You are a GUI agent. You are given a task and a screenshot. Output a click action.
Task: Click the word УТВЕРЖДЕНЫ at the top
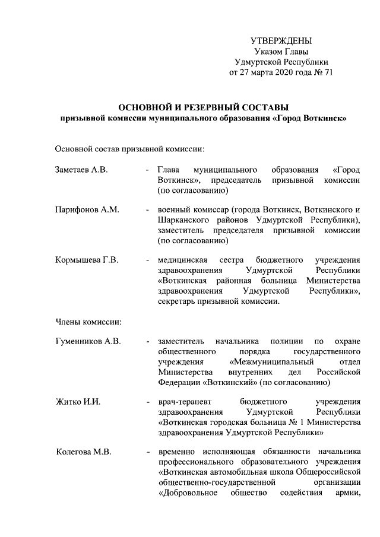pyautogui.click(x=281, y=41)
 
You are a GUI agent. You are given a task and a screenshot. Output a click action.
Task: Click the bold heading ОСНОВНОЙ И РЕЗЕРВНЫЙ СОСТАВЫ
pyautogui.click(x=204, y=107)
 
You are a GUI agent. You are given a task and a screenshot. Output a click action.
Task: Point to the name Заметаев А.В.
pyautogui.click(x=81, y=170)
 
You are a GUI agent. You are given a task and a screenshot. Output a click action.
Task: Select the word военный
pyautogui.click(x=173, y=210)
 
